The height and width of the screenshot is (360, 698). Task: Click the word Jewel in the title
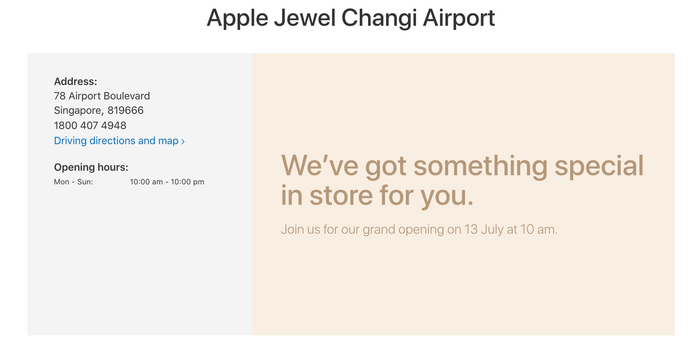pos(304,18)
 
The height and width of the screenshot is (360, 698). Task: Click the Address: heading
pos(75,82)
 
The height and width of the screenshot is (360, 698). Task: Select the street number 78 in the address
pos(60,96)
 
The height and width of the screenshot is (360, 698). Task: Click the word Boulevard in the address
pos(127,96)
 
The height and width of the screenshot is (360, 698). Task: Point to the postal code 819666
pos(125,110)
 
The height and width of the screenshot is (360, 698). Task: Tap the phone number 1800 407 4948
pos(90,126)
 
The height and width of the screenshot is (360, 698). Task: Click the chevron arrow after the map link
pos(183,141)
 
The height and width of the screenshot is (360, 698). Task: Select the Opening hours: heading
pos(91,167)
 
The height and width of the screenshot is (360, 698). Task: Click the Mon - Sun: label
pos(74,182)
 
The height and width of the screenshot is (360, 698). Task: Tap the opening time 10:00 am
pos(146,182)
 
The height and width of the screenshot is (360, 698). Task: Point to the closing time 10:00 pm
pos(187,182)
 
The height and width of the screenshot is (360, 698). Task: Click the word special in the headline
pos(599,167)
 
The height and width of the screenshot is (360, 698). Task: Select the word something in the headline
pos(480,167)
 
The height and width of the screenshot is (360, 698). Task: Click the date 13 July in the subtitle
pos(484,230)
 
